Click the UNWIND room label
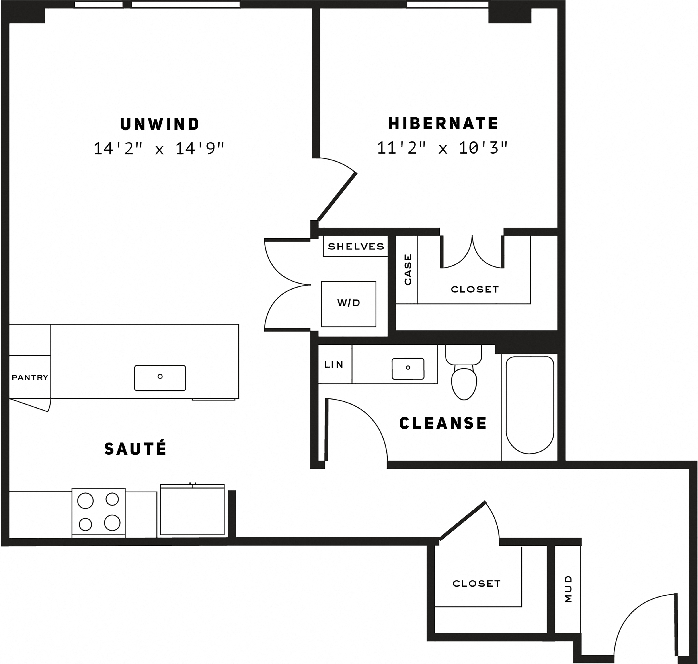click(160, 124)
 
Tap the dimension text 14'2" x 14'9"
click(159, 149)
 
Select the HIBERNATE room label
click(443, 124)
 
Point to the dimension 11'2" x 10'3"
click(443, 148)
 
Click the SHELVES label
click(356, 246)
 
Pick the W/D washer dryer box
click(348, 304)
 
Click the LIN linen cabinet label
click(334, 365)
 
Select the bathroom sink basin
click(408, 369)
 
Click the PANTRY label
click(30, 377)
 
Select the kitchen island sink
click(160, 378)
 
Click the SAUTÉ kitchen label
click(135, 449)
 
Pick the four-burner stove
click(99, 512)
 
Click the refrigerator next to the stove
click(192, 510)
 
